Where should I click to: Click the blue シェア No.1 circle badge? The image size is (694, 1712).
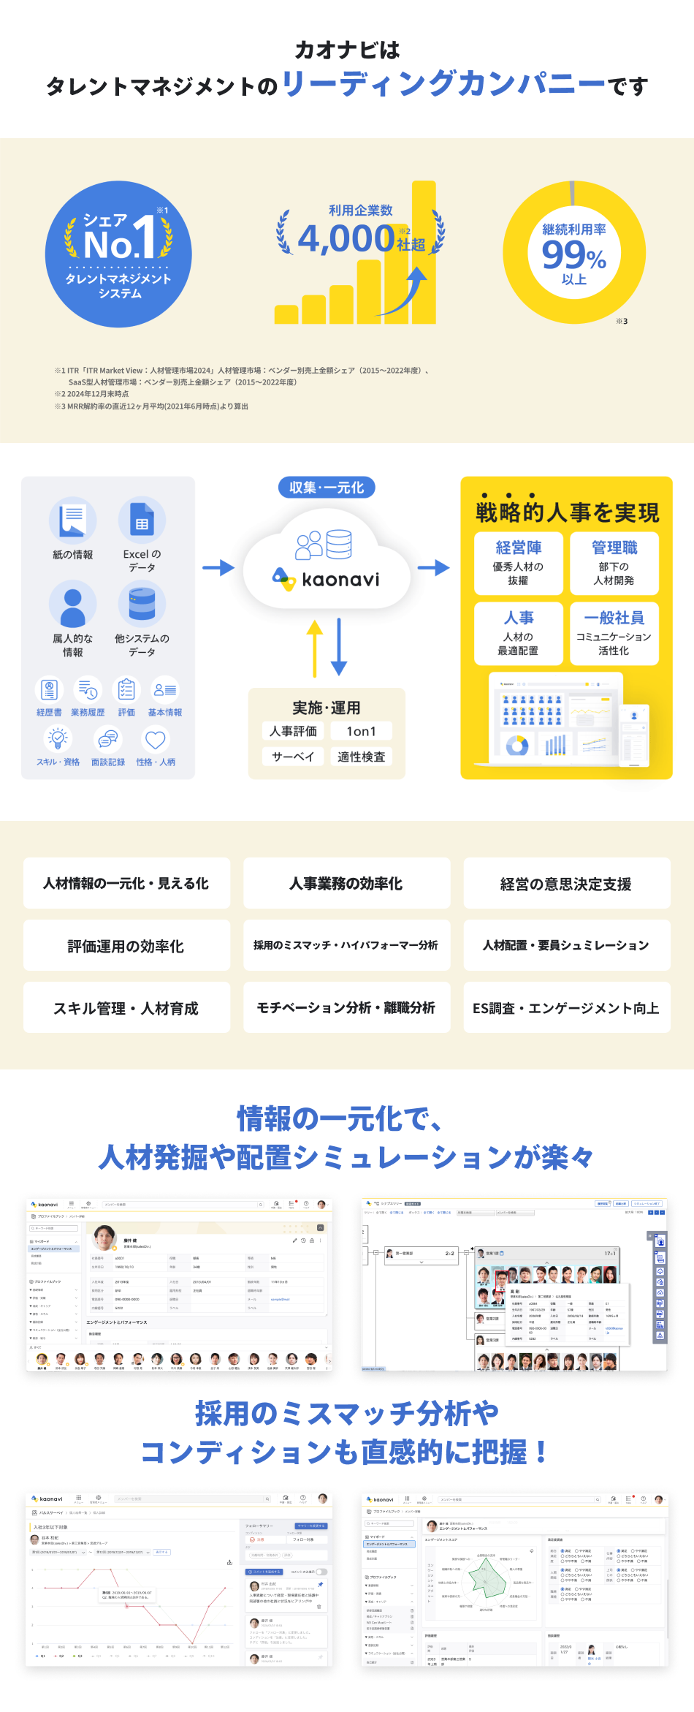[118, 254]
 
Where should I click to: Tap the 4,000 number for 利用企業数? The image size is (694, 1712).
[346, 238]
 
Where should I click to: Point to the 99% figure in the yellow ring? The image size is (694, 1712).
[573, 255]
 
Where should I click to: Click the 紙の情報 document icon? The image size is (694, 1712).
[73, 520]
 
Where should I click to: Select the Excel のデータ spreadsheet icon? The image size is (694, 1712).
[142, 520]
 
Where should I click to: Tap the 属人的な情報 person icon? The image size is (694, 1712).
[73, 604]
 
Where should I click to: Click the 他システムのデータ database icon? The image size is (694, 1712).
[142, 604]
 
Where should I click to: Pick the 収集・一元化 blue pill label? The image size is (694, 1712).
[327, 488]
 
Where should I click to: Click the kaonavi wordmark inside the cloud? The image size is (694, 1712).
[340, 580]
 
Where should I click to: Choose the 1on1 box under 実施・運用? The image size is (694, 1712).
[361, 731]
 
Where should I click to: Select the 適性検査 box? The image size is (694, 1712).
[361, 757]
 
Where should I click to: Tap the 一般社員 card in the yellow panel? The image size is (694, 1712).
[614, 633]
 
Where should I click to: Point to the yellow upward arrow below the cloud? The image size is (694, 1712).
[315, 648]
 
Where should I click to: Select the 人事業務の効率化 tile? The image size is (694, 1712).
[346, 884]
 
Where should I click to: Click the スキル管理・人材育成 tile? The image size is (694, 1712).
[126, 1008]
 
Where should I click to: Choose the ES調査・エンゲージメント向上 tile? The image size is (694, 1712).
[566, 1008]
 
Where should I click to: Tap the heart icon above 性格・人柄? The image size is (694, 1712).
[155, 740]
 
